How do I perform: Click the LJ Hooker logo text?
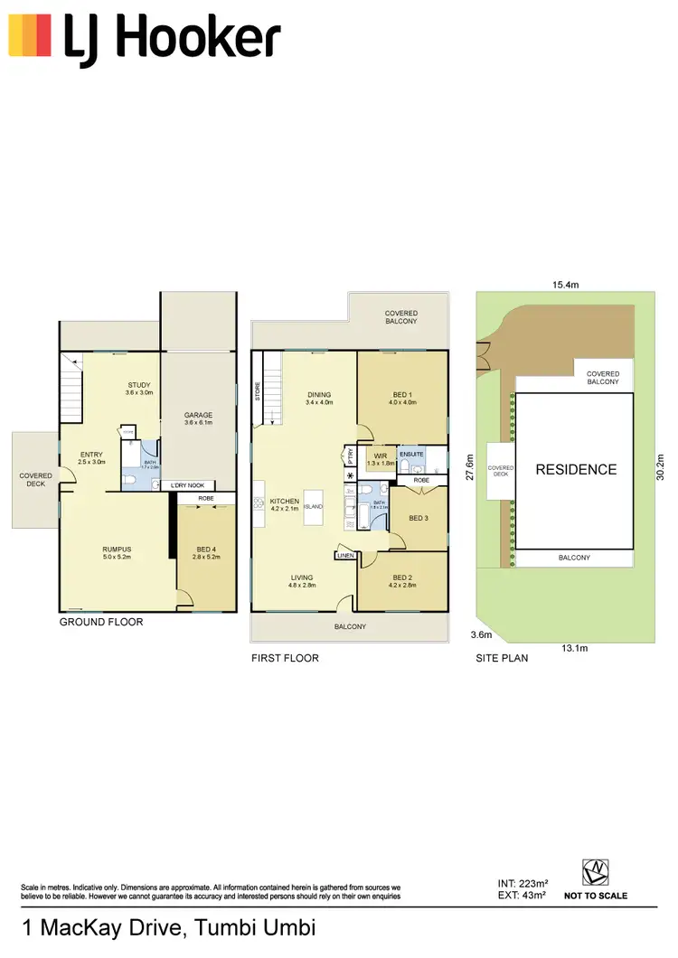point(172,41)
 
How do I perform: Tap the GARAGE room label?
point(198,416)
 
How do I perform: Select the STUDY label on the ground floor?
point(139,386)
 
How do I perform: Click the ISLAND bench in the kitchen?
point(314,507)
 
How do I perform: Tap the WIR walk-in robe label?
point(379,456)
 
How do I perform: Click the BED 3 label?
point(418,518)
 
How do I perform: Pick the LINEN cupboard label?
point(345,556)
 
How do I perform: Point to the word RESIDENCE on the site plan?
point(576,469)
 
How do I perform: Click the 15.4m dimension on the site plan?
point(566,285)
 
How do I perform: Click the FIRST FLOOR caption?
point(285,659)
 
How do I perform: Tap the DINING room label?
point(318,395)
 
